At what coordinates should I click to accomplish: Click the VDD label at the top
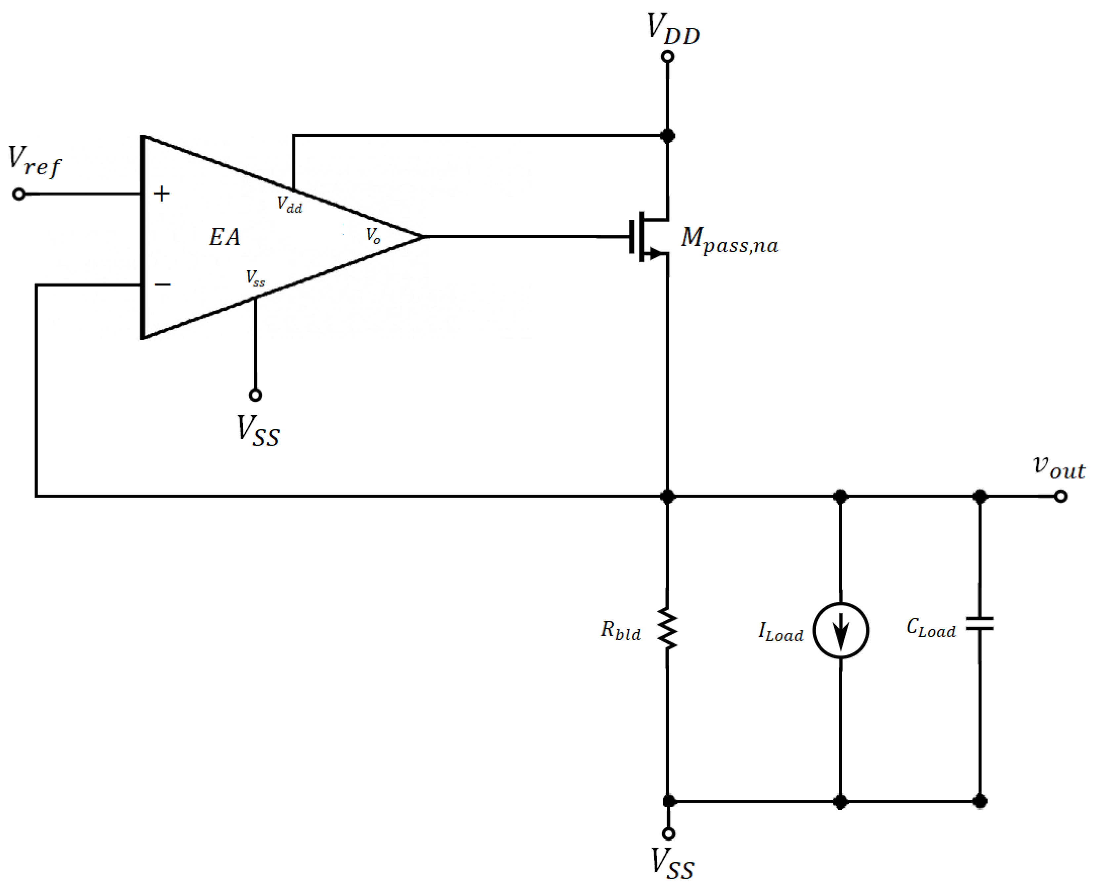click(672, 29)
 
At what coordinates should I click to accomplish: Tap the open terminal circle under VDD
click(668, 57)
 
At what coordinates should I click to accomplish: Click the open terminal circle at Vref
click(19, 195)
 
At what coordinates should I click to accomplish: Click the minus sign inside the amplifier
click(163, 285)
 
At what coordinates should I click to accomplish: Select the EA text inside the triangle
click(224, 237)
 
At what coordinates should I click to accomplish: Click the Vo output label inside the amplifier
click(373, 236)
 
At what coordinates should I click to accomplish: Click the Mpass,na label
click(729, 241)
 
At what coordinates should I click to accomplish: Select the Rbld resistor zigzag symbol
click(668, 629)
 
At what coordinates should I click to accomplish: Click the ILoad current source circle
click(841, 630)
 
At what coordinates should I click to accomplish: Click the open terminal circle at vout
click(1061, 496)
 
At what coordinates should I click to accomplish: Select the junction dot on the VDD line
click(668, 136)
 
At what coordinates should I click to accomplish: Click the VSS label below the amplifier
click(258, 431)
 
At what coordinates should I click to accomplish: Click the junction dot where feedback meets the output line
click(668, 496)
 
